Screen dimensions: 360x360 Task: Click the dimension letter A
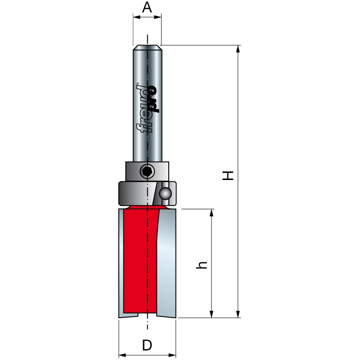click(147, 7)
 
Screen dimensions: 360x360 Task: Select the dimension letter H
click(228, 175)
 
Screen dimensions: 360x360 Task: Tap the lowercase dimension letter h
click(202, 265)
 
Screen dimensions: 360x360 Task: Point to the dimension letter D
click(147, 345)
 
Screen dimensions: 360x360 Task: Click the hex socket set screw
click(147, 171)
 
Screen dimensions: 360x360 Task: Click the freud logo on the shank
click(148, 108)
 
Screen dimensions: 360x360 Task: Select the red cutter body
click(140, 260)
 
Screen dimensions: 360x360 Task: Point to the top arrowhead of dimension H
click(238, 49)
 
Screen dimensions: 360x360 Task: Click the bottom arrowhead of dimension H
click(238, 314)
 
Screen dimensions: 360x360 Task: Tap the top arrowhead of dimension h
click(211, 212)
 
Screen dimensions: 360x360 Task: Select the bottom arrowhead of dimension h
click(211, 314)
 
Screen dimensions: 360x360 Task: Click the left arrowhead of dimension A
click(137, 17)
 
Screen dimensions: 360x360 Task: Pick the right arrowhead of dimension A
click(157, 17)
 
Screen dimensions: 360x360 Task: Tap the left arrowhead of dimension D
click(122, 355)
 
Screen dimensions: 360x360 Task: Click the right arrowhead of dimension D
click(172, 355)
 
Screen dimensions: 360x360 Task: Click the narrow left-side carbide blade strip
click(121, 263)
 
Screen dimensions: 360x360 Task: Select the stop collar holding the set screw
click(147, 171)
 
